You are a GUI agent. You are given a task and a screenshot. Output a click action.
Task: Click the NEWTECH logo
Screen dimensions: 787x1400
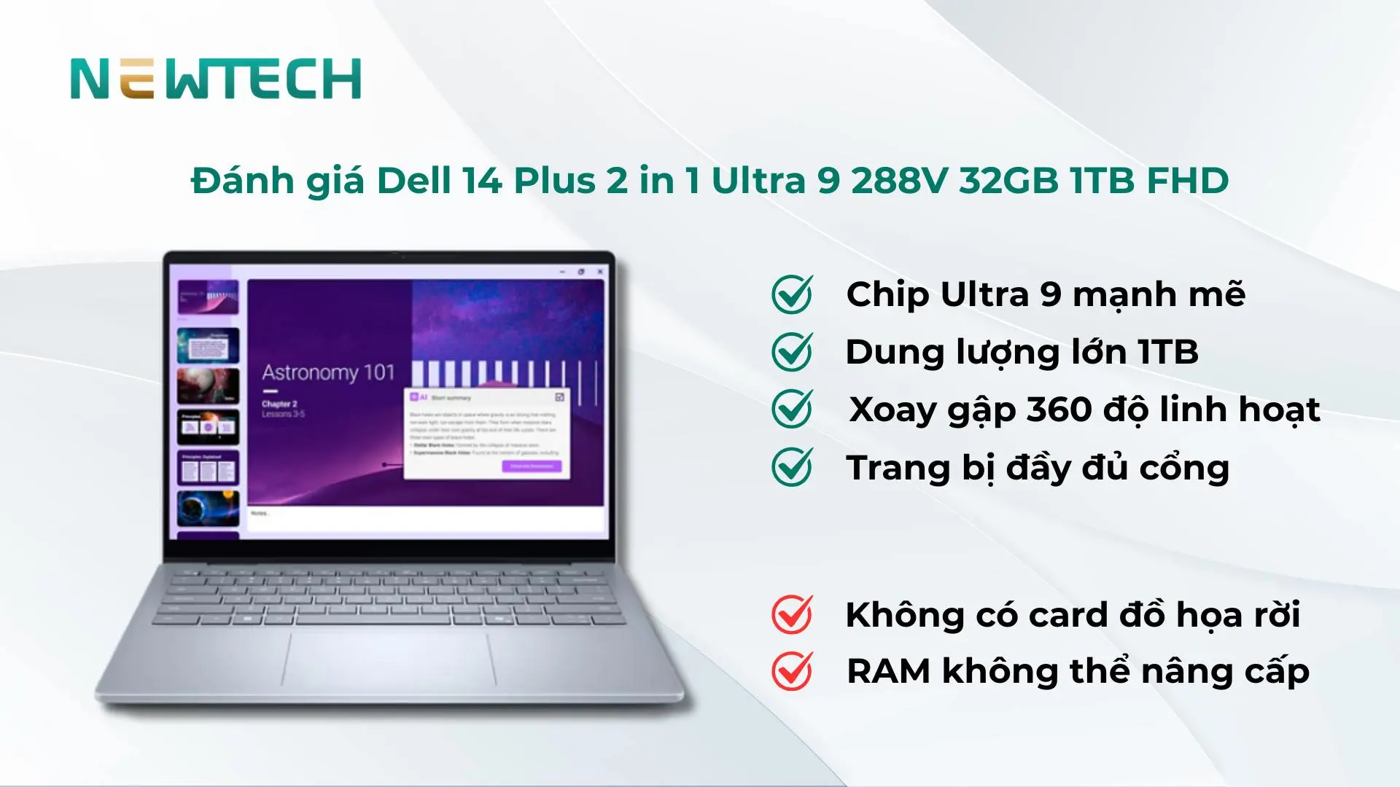tap(216, 79)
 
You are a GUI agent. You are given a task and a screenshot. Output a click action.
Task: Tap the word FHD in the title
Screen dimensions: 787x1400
tap(1188, 181)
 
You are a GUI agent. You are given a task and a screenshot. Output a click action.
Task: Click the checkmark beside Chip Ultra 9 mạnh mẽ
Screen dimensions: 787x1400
tap(792, 294)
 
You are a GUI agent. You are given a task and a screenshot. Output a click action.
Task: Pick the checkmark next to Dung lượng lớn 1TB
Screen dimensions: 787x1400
tap(792, 352)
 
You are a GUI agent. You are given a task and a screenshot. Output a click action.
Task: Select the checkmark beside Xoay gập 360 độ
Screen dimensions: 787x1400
tap(792, 409)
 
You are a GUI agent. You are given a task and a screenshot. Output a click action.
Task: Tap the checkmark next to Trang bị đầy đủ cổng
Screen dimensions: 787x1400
tap(792, 467)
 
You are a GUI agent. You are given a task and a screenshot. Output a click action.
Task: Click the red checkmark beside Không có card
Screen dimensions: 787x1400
tap(792, 614)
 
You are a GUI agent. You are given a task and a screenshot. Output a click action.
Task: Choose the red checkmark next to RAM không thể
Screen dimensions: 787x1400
tap(792, 671)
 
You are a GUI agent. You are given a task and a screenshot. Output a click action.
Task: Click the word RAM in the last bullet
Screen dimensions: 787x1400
tap(888, 671)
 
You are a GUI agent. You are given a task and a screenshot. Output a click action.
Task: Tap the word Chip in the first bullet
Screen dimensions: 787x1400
tap(887, 295)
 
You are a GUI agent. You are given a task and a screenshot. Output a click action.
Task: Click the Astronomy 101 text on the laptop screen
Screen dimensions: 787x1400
tap(328, 373)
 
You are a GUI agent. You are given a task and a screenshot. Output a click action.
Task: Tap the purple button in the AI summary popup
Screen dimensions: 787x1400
tap(532, 466)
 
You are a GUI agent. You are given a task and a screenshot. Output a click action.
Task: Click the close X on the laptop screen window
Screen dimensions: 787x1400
tap(600, 272)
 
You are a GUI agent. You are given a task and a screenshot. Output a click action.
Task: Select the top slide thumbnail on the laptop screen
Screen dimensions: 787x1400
tap(208, 297)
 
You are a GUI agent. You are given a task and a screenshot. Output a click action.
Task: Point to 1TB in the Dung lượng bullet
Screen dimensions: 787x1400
tap(1168, 353)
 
